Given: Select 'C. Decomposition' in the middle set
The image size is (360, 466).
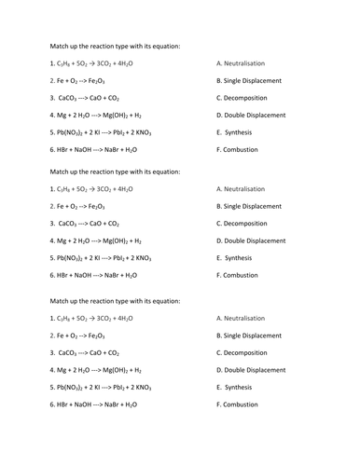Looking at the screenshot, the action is pos(245,224).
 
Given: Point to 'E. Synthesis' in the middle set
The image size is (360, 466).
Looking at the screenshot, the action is pos(236,258).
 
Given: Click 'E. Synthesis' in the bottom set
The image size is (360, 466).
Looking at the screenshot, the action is pos(236,387).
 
